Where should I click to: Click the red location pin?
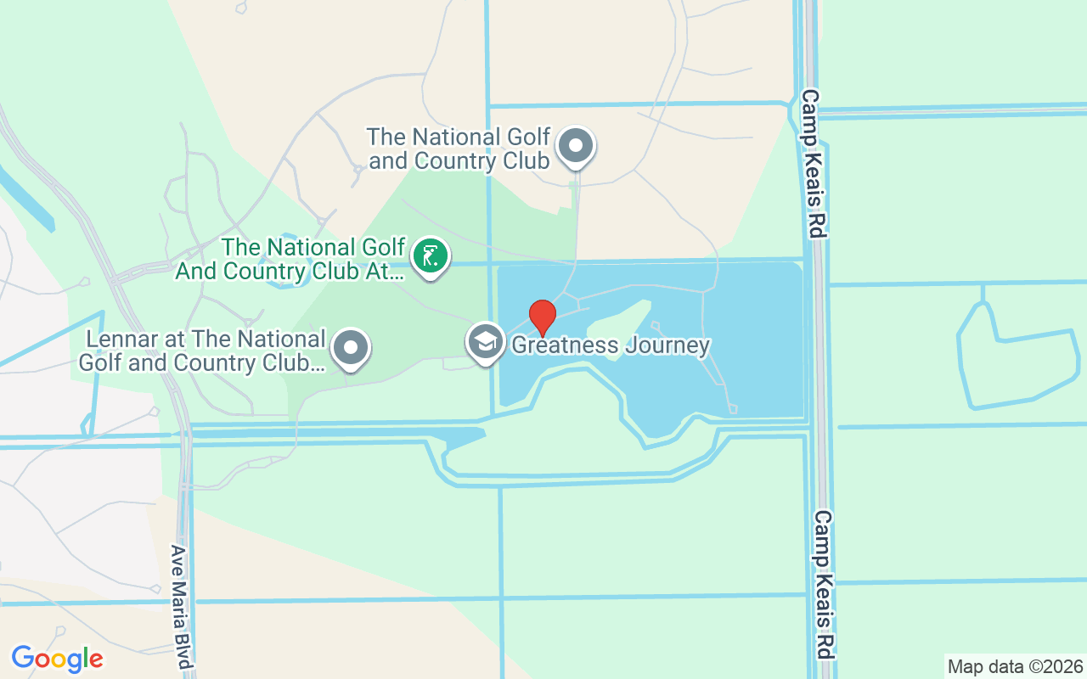(543, 317)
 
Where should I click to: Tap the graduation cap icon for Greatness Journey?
(485, 341)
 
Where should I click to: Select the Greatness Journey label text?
(610, 345)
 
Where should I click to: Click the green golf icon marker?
(431, 255)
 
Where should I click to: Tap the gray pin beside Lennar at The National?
(351, 348)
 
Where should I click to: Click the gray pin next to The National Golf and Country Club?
(576, 146)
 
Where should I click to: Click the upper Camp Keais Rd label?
(813, 163)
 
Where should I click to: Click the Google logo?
(57, 659)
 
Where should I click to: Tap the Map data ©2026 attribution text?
(1015, 666)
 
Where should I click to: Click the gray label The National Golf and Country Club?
(459, 149)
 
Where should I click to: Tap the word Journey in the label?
(667, 345)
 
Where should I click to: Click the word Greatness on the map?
(564, 345)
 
